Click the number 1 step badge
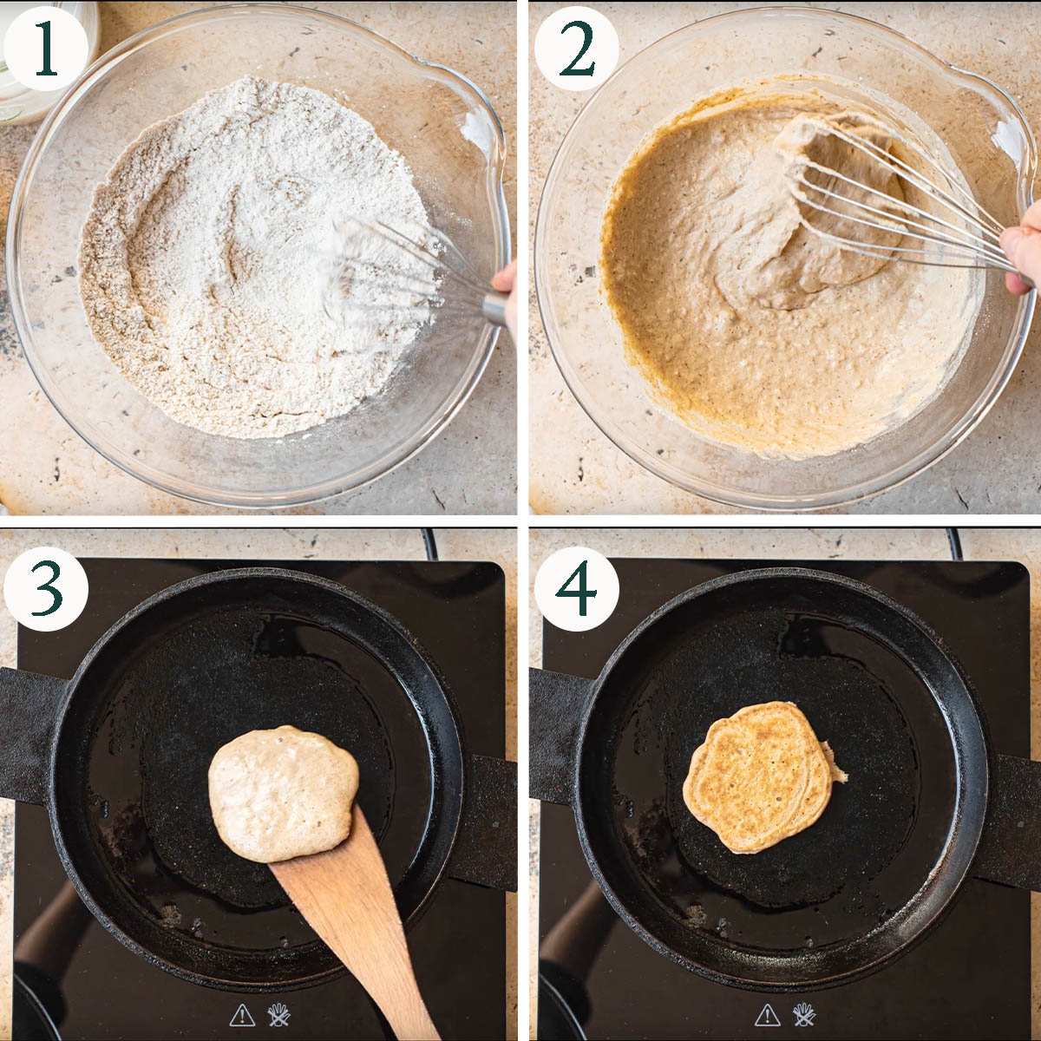pyautogui.click(x=45, y=48)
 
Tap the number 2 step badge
pyautogui.click(x=576, y=48)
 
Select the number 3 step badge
pyautogui.click(x=46, y=589)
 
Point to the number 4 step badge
pyautogui.click(x=576, y=589)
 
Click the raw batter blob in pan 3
pyautogui.click(x=283, y=794)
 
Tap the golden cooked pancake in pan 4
pyautogui.click(x=759, y=777)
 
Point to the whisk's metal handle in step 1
pyautogui.click(x=496, y=309)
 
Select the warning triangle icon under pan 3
pyautogui.click(x=242, y=1015)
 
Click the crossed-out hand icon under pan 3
pyautogui.click(x=279, y=1014)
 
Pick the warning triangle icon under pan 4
pyautogui.click(x=767, y=1015)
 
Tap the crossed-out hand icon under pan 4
pyautogui.click(x=804, y=1014)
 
